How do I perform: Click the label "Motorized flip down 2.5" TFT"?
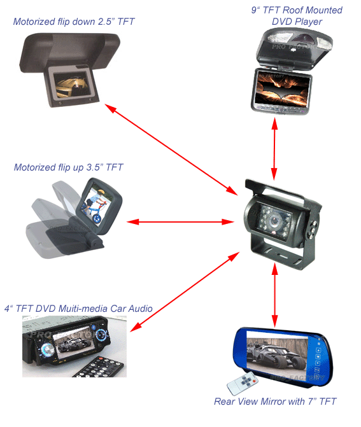point(74,22)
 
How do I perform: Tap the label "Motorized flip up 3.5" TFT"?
point(68,167)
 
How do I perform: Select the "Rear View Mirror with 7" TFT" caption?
point(275,402)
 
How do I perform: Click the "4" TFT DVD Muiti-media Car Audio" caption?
point(78,309)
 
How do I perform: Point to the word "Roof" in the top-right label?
point(294,10)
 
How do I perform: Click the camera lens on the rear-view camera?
point(273,221)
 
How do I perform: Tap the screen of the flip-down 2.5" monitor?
point(71,85)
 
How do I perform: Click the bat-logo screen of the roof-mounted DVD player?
point(283,89)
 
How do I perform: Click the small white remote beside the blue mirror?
point(243,383)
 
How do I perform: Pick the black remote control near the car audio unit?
point(100,367)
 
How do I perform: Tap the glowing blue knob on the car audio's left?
point(48,349)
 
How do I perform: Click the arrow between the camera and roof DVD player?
point(274,149)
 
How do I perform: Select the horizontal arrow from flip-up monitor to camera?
point(181,222)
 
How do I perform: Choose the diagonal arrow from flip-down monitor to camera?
point(171,150)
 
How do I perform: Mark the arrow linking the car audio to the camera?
point(185,292)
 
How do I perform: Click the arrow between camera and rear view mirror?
point(275,295)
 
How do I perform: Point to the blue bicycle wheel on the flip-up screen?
point(97,218)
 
